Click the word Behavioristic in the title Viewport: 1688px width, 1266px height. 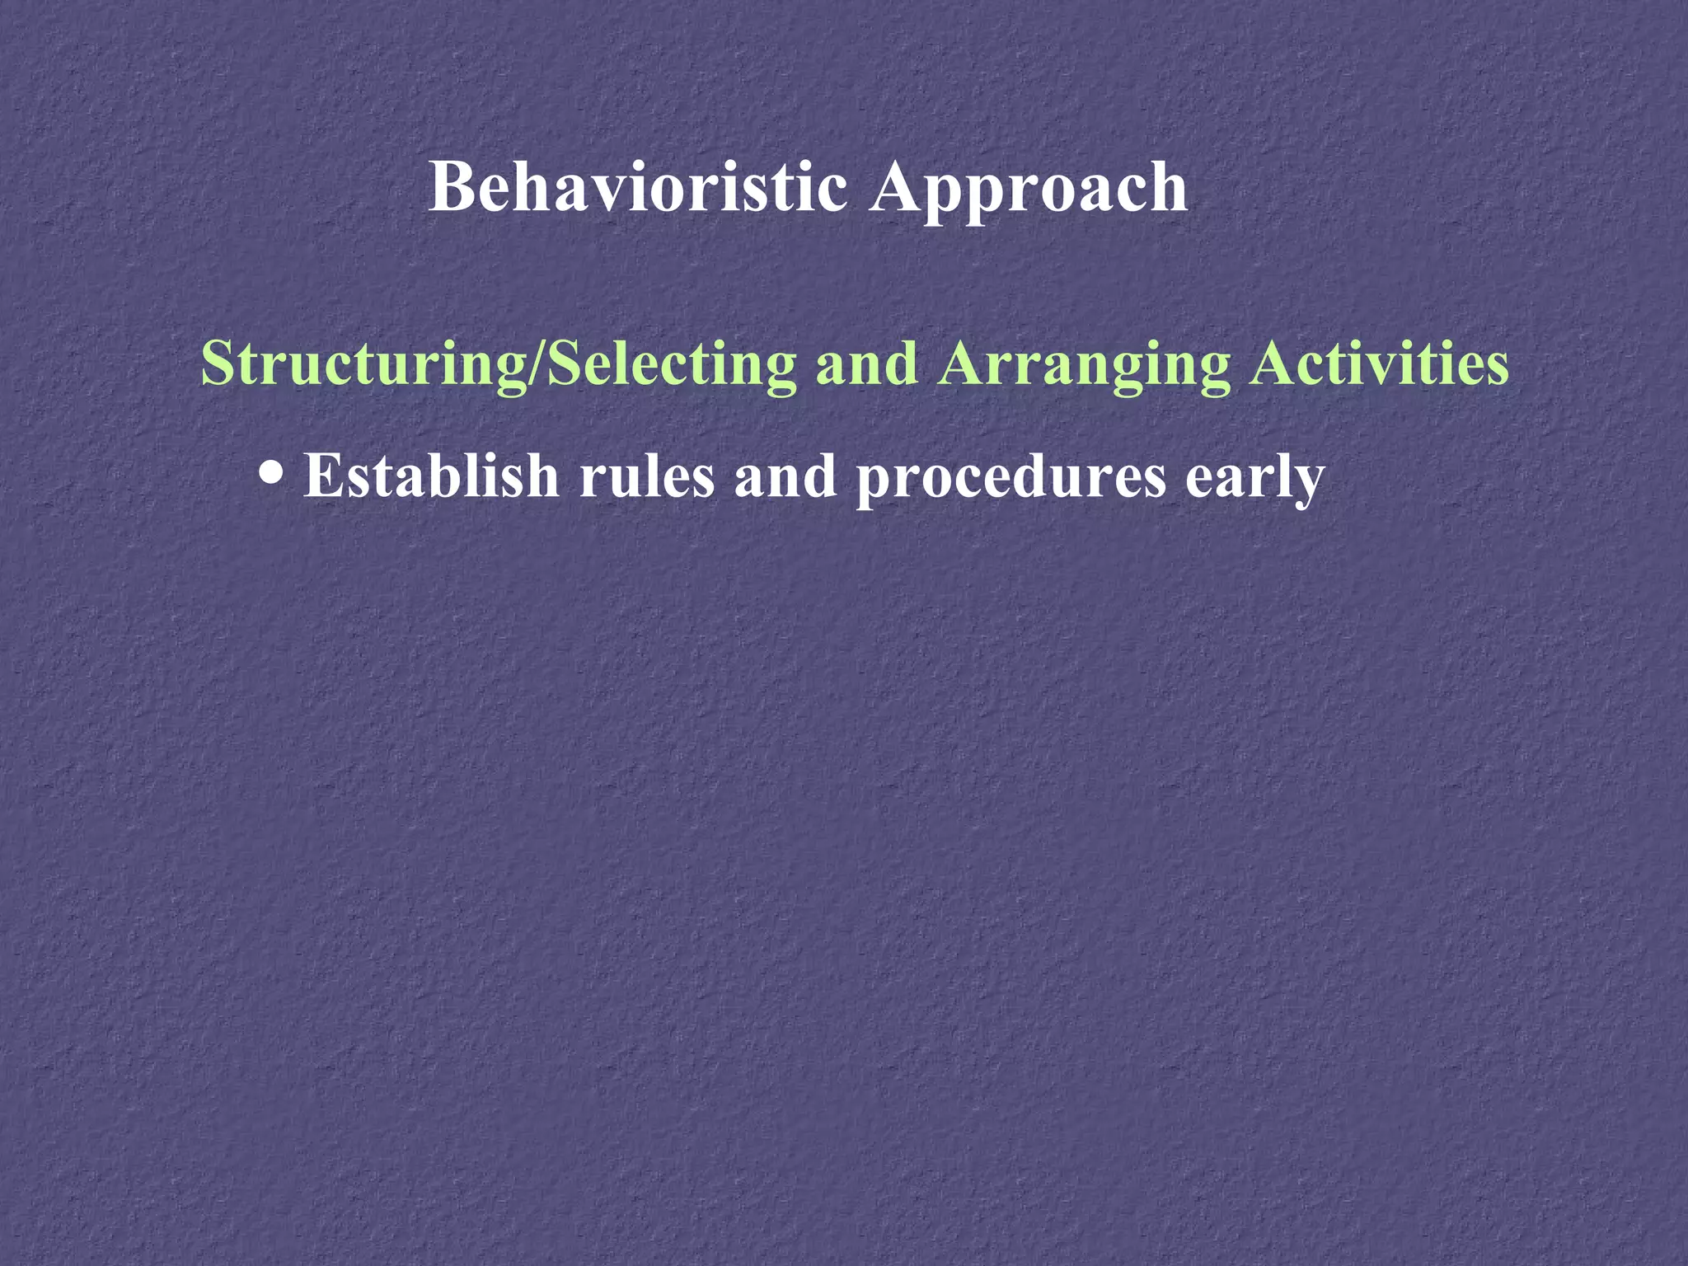coord(638,188)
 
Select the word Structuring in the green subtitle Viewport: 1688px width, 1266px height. coord(363,364)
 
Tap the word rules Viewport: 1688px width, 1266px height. coord(646,477)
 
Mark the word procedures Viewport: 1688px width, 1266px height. coord(1010,478)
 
